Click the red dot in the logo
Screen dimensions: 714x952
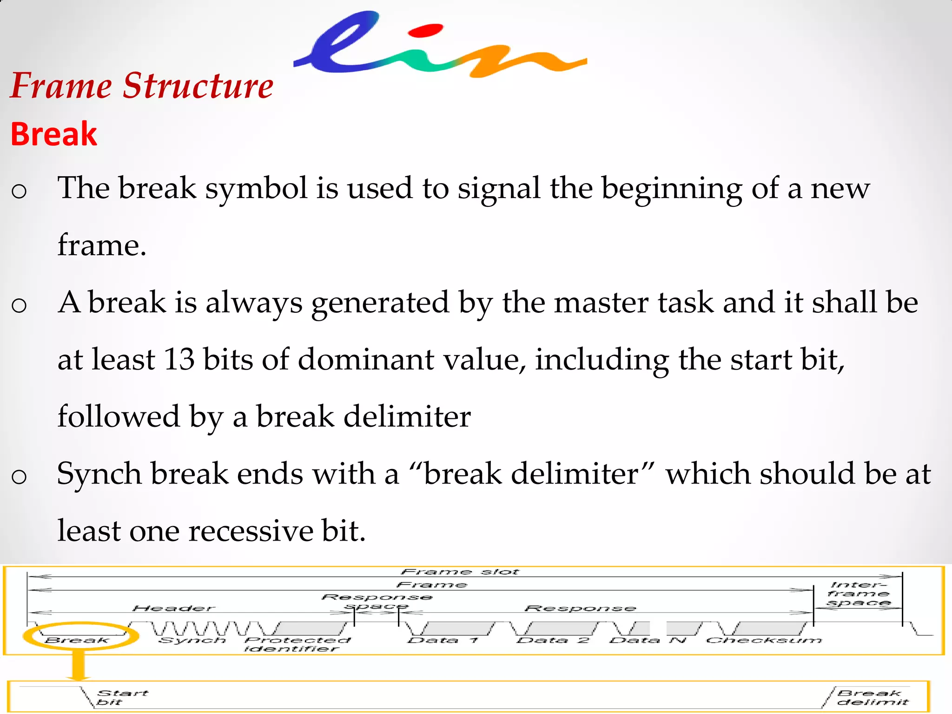[x=425, y=30]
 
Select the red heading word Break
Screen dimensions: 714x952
[x=54, y=134]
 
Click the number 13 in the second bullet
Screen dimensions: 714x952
[x=179, y=359]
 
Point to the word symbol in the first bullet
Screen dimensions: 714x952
[x=257, y=188]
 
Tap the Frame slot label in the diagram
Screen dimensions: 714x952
[x=460, y=572]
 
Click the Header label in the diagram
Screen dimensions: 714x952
[x=174, y=608]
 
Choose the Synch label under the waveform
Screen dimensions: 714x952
[x=192, y=641]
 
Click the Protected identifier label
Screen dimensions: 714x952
[x=297, y=644]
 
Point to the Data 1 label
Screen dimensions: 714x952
[x=443, y=641]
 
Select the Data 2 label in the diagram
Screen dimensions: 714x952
[x=553, y=641]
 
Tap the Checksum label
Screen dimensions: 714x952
[x=764, y=641]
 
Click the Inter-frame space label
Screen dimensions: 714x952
[x=858, y=594]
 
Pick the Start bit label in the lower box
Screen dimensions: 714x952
[x=122, y=697]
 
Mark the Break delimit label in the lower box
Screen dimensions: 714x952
[x=872, y=697]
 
